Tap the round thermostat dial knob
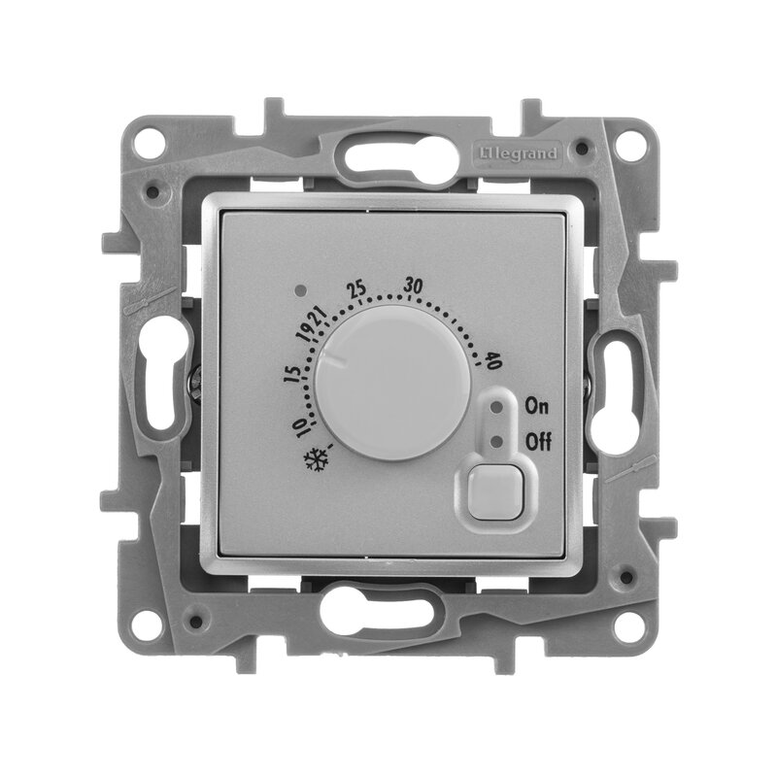pos(393,382)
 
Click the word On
pos(537,406)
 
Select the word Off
pos(538,441)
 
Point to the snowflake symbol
pos(317,459)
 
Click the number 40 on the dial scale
pos(494,360)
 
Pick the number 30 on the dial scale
pos(413,286)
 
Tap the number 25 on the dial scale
pos(356,288)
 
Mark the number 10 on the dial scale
pos(301,427)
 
